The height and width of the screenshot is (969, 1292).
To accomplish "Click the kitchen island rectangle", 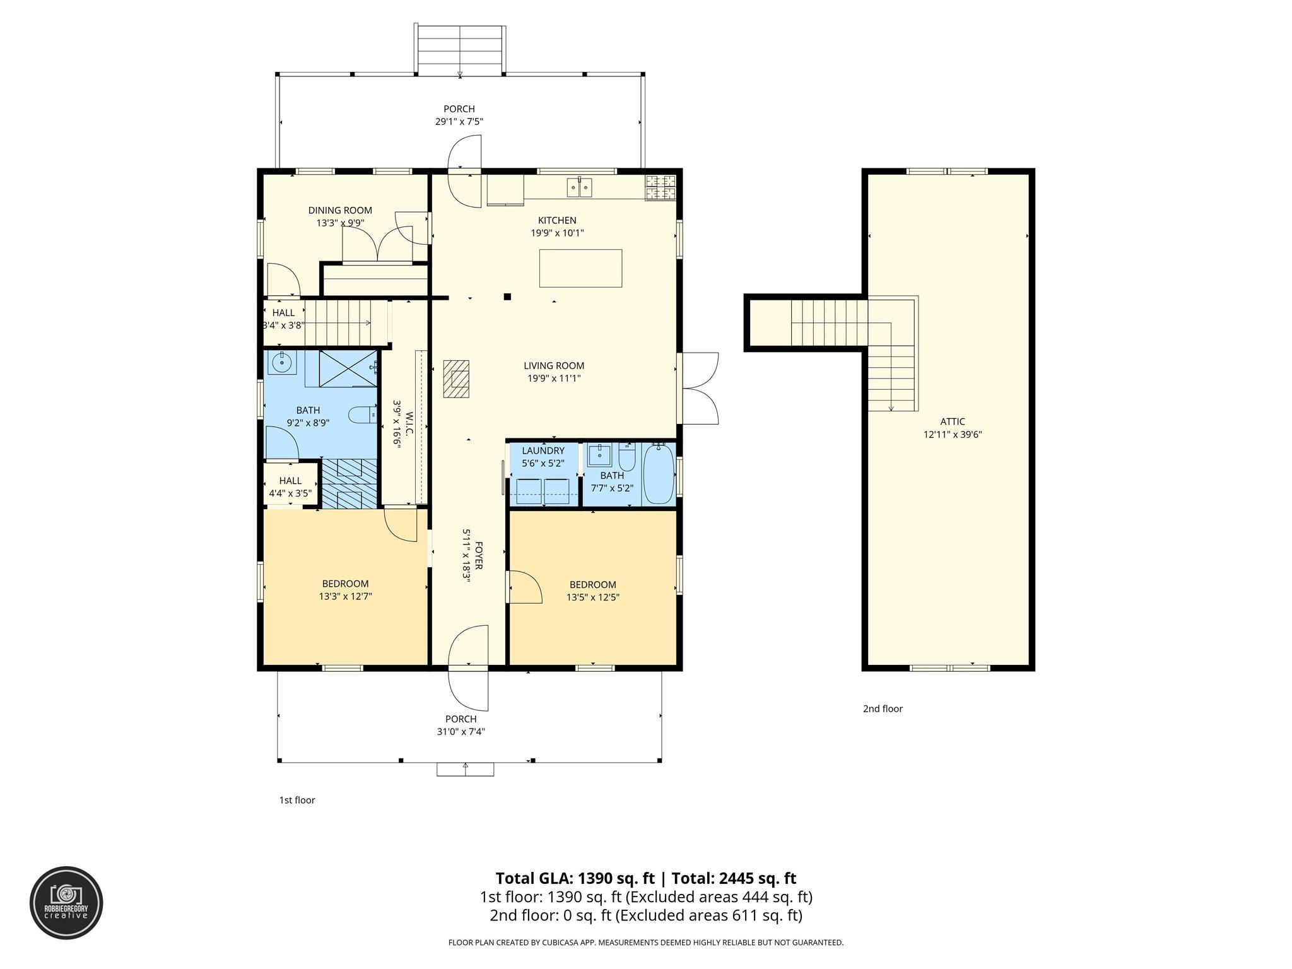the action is pos(580,268).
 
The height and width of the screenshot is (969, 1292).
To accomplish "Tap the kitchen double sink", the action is pos(579,187).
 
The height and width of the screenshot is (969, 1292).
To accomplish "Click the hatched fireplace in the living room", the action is pos(456,379).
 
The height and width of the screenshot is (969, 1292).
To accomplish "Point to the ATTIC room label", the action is pos(953,421).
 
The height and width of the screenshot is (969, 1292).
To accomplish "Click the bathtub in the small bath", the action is pos(659,473).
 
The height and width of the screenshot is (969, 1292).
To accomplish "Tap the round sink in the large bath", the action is pos(281,363).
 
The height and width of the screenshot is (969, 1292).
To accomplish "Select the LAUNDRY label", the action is pos(543,450).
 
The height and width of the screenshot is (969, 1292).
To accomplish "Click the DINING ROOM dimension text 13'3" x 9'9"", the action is pos(340,223).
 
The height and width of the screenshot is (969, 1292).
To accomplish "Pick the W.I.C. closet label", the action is pos(409,421).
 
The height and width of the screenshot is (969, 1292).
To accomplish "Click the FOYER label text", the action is pos(479,555).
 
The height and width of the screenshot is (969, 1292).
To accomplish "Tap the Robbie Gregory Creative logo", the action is pos(67,903).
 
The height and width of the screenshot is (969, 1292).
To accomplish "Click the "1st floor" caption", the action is pos(297,800).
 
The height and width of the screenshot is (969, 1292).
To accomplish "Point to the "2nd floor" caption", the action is pos(883,708).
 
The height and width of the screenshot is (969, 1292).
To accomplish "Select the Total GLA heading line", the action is pos(646,878).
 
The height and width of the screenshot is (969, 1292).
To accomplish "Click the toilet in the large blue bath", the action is pos(361,414).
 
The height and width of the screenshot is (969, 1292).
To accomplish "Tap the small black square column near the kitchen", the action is pos(507,297).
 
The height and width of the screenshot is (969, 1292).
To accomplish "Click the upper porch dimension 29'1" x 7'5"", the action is pos(459,122).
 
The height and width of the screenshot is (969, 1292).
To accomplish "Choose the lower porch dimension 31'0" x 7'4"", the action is pos(461,732).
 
